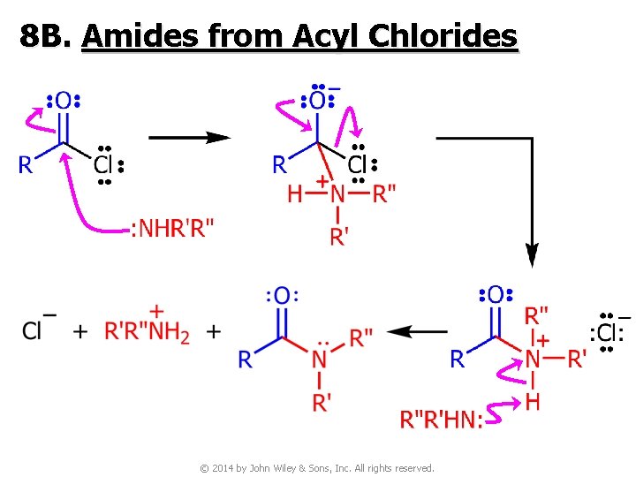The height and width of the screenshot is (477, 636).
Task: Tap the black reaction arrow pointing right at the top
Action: [189, 138]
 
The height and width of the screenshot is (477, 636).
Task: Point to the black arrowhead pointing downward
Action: [532, 255]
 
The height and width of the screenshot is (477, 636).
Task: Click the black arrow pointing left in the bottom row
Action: [418, 332]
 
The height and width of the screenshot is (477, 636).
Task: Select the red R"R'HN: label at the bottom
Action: [442, 420]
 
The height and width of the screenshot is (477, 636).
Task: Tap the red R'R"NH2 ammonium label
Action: [148, 332]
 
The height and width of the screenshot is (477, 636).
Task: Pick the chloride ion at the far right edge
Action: [607, 332]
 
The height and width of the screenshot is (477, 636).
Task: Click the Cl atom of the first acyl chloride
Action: [104, 164]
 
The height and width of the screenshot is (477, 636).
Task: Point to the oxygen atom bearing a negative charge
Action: [316, 100]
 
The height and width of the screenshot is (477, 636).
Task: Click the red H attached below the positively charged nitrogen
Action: [533, 402]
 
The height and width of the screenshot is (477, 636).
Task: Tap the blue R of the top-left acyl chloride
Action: [26, 164]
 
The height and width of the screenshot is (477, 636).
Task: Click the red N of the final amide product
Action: [320, 359]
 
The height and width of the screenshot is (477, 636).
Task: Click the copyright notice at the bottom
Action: [317, 467]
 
